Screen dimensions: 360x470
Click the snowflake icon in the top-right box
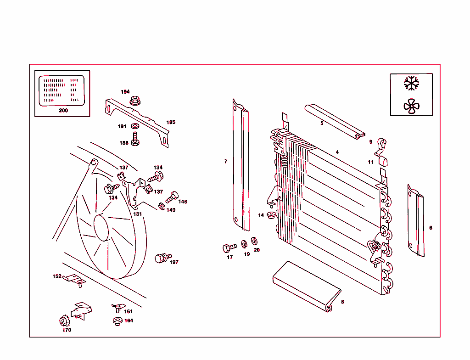point(411,83)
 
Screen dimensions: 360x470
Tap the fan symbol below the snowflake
point(411,107)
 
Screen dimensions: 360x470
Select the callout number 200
point(63,111)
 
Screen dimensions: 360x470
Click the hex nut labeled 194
point(134,100)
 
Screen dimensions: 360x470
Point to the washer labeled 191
point(135,126)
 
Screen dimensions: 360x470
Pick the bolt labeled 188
point(135,139)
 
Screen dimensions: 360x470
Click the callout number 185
point(171,123)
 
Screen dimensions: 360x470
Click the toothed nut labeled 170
point(64,321)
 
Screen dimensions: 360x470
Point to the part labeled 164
point(117,321)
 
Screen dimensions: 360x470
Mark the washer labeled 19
point(244,243)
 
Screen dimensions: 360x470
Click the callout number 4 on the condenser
point(337,152)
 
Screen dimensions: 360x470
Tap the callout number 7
point(226,162)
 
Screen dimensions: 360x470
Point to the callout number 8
point(342,302)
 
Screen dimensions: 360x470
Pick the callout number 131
point(138,214)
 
